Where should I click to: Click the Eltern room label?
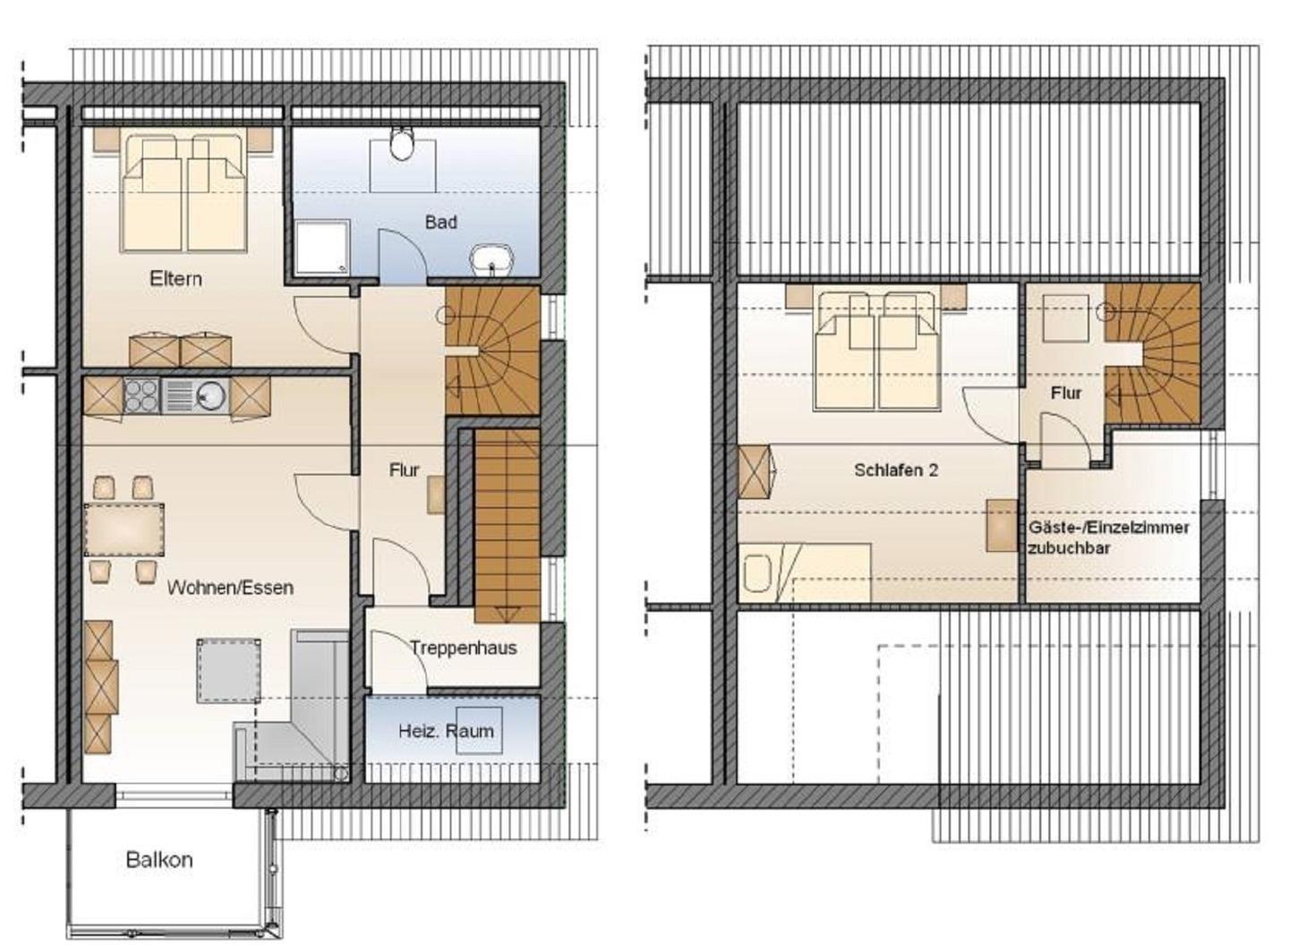click(x=175, y=279)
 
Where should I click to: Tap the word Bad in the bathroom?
click(x=440, y=222)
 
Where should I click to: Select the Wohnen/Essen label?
click(x=230, y=588)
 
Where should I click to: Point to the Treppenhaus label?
click(x=464, y=648)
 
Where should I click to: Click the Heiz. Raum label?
click(x=446, y=732)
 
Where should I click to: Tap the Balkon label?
click(x=159, y=861)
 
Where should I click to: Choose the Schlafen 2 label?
click(x=896, y=471)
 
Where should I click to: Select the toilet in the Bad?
click(x=402, y=143)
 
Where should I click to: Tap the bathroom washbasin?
click(x=491, y=261)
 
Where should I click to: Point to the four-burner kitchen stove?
click(x=141, y=395)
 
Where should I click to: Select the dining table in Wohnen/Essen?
click(x=124, y=530)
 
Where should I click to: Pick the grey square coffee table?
click(x=228, y=671)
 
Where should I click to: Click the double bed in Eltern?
click(x=184, y=193)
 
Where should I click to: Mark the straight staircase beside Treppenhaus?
click(x=507, y=526)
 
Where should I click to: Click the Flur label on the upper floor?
click(x=1066, y=394)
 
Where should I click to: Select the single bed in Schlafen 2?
click(x=805, y=573)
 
